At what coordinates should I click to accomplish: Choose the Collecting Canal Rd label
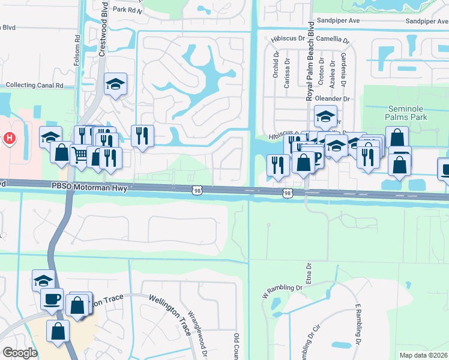tap(34, 86)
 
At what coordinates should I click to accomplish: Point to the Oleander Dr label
tap(337, 98)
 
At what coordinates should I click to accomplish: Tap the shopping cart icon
tap(80, 155)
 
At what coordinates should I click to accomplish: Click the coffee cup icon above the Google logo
tap(52, 298)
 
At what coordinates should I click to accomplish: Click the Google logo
tap(20, 353)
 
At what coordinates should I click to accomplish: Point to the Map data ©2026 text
tap(423, 355)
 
